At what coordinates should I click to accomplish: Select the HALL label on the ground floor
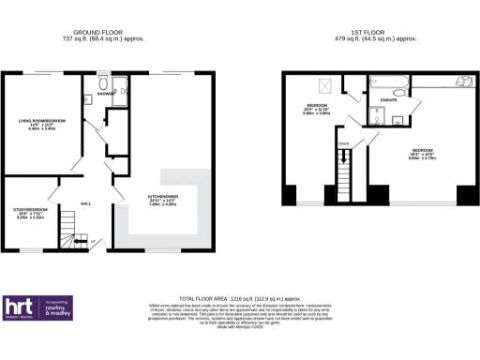[85, 202]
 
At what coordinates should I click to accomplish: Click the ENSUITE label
[384, 99]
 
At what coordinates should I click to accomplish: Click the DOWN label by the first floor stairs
[345, 142]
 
